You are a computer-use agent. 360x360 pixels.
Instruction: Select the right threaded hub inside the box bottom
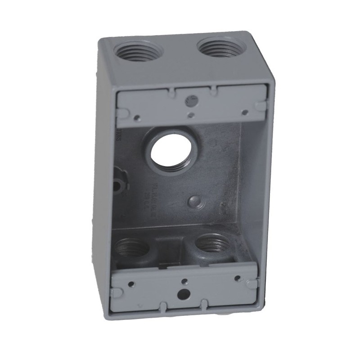(x=212, y=244)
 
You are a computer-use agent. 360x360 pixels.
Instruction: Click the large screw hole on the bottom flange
(x=184, y=295)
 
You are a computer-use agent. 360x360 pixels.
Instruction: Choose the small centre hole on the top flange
(x=192, y=115)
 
